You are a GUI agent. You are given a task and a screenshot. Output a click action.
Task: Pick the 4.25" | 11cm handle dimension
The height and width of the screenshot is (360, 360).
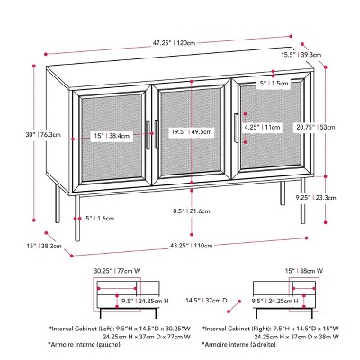[260, 129]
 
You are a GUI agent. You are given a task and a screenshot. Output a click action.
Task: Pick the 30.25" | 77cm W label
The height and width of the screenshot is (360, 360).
[110, 268]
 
